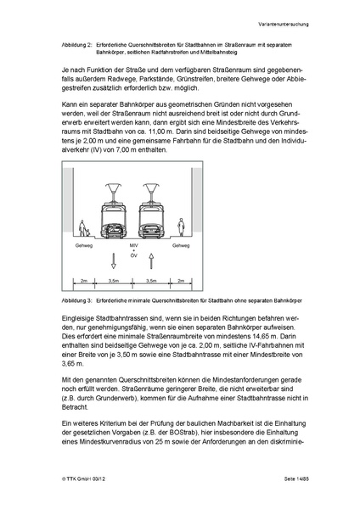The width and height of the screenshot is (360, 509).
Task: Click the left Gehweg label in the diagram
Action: click(84, 246)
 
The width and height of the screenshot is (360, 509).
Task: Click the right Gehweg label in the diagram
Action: click(181, 246)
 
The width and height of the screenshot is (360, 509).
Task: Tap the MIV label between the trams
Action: click(132, 246)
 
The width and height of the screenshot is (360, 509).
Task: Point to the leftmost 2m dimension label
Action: click(84, 279)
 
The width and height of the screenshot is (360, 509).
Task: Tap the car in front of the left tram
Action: click(114, 228)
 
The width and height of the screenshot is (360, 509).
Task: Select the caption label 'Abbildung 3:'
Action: click(81, 300)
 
